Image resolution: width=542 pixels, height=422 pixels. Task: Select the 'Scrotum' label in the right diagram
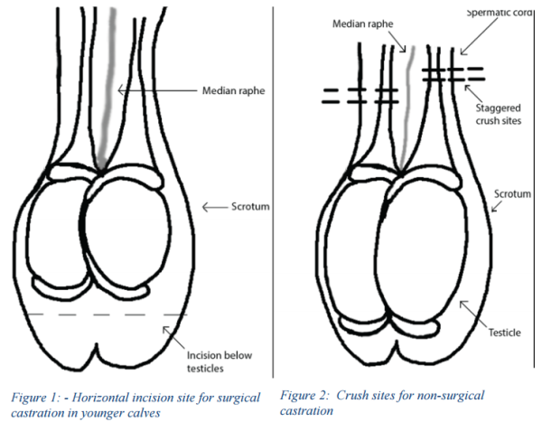[x=512, y=193]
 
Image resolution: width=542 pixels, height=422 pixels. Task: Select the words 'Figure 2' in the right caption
[x=305, y=395]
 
